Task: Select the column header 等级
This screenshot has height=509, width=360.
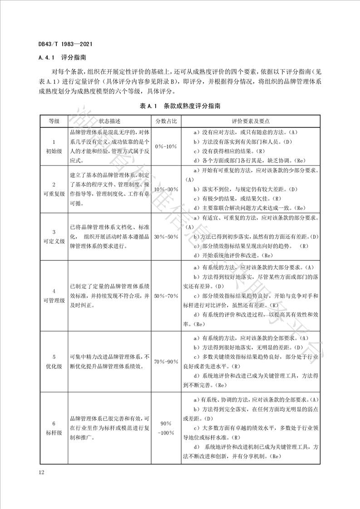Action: (54, 122)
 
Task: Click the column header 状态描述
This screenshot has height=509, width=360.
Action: (110, 122)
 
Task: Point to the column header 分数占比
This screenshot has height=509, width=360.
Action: (167, 122)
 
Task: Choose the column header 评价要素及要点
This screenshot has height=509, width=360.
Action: (251, 122)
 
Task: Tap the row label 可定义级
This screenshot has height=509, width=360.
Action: (54, 240)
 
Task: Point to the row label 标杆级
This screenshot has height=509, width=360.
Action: (54, 433)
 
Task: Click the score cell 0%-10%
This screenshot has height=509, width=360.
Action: (167, 147)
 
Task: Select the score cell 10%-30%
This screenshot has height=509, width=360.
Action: (167, 189)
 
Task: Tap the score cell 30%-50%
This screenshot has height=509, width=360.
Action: (167, 237)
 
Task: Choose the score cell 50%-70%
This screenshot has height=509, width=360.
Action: (167, 296)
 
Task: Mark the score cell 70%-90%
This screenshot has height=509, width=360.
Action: (167, 362)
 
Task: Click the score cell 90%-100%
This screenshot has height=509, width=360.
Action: (167, 429)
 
